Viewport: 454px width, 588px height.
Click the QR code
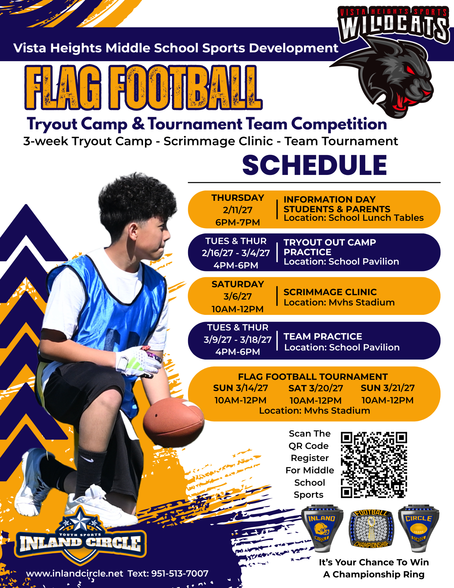pos(374,465)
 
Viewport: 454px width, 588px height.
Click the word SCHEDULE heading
pos(314,165)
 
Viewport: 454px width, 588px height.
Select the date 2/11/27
pos(237,210)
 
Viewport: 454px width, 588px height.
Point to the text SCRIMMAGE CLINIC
pos(330,292)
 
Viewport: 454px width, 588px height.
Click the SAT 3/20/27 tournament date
pos(316,388)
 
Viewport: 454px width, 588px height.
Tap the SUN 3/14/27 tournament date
pos(240,388)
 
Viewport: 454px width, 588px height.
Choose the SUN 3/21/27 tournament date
pos(388,388)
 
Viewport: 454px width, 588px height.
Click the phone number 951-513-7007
pos(180,573)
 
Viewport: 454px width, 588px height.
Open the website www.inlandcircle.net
pos(75,573)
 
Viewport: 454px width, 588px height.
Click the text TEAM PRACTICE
pos(323,336)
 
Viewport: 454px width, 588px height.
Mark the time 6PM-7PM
pos(237,223)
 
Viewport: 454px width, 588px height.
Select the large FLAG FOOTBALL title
pos(143,88)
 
